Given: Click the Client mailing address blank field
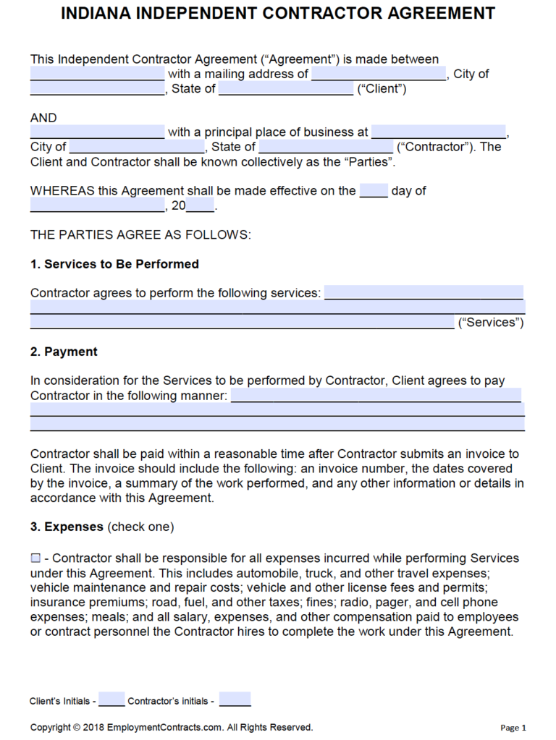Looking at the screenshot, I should point(379,74).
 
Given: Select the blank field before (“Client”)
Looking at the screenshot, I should point(285,89).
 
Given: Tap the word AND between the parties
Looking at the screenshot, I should point(43,118).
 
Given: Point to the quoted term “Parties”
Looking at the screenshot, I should point(368,162).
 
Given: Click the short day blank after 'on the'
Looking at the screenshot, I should point(374,191).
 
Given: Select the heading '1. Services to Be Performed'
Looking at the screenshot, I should point(114,264).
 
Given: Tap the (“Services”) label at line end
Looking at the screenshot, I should point(491,323).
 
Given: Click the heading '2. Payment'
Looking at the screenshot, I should point(64,352).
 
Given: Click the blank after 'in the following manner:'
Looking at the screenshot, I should point(376,396).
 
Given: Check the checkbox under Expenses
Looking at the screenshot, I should point(35,558).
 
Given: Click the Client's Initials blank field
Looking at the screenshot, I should point(111,700).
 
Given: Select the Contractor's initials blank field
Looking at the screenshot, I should point(235,700).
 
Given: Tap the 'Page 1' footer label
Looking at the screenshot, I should point(513,728).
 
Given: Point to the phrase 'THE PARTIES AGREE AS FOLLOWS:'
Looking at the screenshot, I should point(140,235).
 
